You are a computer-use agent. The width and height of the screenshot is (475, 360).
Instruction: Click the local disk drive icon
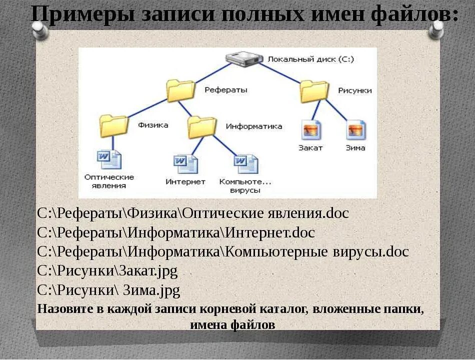click(x=244, y=59)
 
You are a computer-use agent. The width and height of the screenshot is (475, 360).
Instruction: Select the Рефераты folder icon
click(x=180, y=91)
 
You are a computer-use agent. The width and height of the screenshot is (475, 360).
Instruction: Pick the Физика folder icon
click(x=113, y=125)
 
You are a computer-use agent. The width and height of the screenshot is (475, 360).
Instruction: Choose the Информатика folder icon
click(x=201, y=127)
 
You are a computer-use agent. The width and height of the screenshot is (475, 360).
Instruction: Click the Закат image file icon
click(x=311, y=130)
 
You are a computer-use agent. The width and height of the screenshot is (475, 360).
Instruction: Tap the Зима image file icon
click(x=356, y=130)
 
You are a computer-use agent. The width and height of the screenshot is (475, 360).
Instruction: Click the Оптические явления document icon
click(x=109, y=159)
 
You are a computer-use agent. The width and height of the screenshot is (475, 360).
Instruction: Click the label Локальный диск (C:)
click(x=310, y=59)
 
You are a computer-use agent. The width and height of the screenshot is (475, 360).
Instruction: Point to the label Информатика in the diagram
click(x=253, y=126)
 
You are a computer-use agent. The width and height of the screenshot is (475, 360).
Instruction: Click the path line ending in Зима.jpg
click(x=108, y=290)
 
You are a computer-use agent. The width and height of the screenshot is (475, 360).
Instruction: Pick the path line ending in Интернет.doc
click(x=176, y=232)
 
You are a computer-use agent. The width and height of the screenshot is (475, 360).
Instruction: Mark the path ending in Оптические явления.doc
click(x=193, y=213)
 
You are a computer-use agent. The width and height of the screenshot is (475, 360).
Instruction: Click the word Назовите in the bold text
click(x=64, y=308)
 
